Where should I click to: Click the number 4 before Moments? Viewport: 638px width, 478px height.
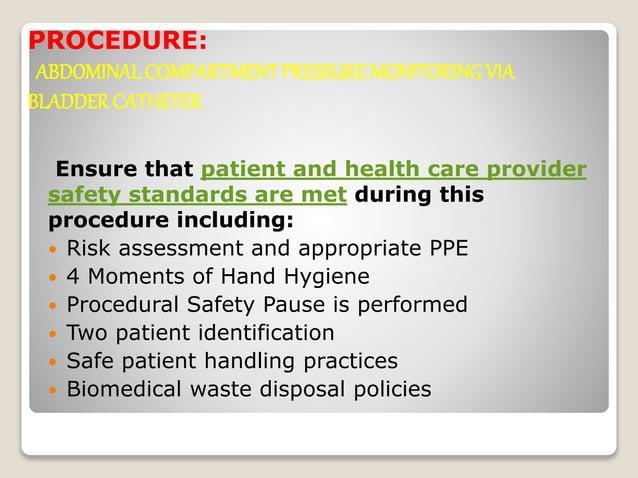tap(73, 275)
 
